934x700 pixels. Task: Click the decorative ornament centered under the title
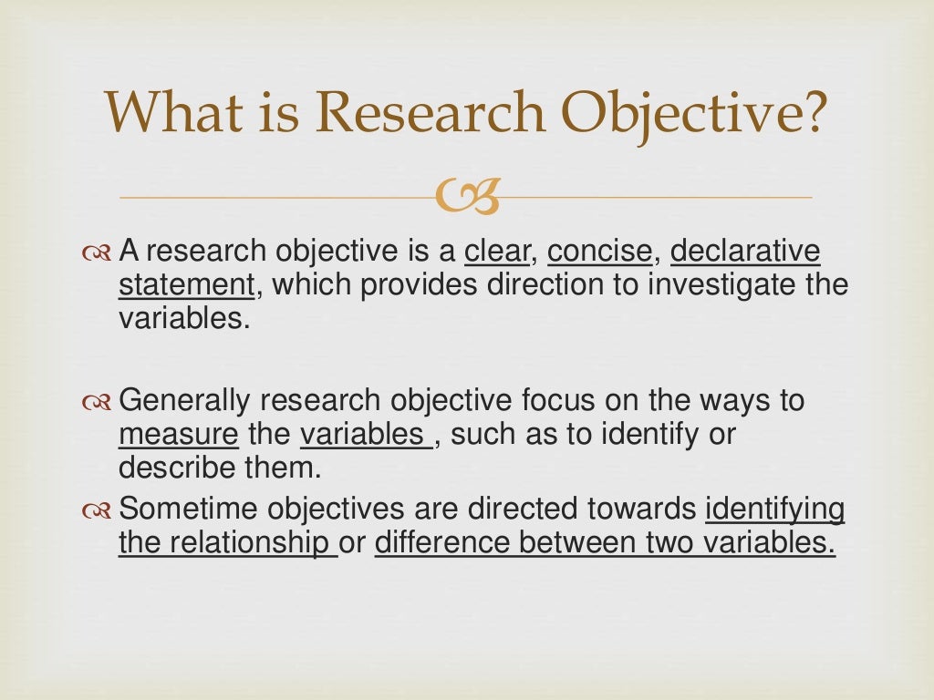click(x=467, y=198)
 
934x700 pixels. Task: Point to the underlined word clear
click(x=496, y=251)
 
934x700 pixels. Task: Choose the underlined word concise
click(x=600, y=251)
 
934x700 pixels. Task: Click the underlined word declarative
click(x=745, y=251)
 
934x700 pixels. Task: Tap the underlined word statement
click(x=186, y=286)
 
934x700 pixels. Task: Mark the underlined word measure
click(x=178, y=436)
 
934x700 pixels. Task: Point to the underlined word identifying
click(x=775, y=509)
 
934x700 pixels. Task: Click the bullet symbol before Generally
click(x=95, y=402)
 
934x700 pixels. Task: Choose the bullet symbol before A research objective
click(x=95, y=252)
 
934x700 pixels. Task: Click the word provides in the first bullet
click(x=418, y=286)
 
